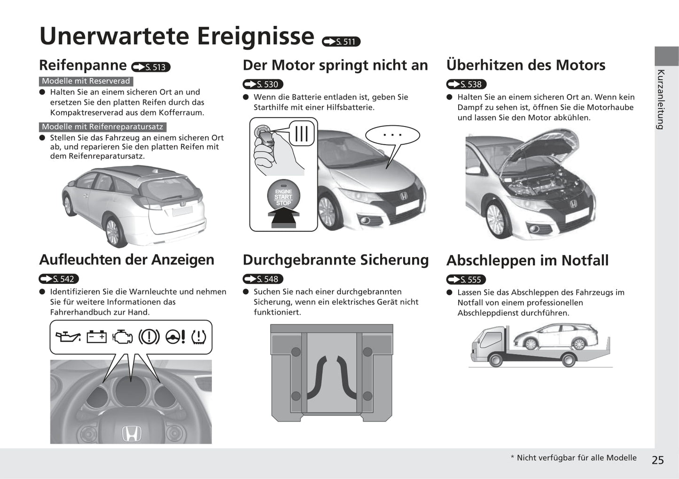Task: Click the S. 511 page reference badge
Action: click(341, 41)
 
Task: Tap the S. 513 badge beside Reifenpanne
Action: click(151, 67)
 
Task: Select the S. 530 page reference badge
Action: click(263, 84)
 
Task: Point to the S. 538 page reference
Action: click(466, 84)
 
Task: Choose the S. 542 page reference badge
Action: click(59, 279)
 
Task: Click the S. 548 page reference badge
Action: click(263, 279)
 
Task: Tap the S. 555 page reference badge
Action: click(466, 279)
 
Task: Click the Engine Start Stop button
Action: click(283, 196)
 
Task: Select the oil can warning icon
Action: click(68, 337)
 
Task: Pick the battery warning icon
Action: click(97, 337)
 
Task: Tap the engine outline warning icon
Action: click(123, 337)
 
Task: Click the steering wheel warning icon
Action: click(175, 337)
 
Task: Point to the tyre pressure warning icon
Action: click(199, 337)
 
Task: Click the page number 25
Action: click(658, 460)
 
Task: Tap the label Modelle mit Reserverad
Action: click(86, 81)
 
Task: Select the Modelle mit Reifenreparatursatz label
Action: click(103, 127)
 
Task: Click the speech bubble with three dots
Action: click(392, 135)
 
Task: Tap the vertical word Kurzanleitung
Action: click(661, 100)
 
